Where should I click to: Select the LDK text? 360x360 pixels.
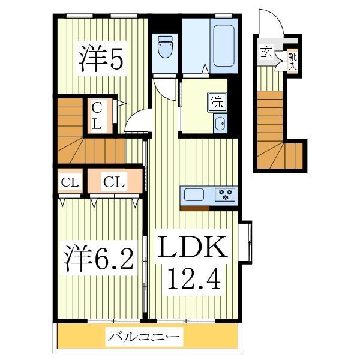pos(193,249)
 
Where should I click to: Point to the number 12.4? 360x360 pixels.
pos(193,278)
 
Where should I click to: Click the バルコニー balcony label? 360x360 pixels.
pos(144,337)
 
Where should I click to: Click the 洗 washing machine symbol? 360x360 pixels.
pos(217,102)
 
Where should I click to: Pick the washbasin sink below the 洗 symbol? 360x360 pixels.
pos(220,125)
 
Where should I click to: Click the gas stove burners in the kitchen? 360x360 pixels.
pos(227,194)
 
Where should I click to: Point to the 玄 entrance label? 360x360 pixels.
pos(266,52)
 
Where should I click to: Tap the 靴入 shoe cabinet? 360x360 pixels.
pos(291,61)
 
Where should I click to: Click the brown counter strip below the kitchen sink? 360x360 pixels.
pos(194,208)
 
